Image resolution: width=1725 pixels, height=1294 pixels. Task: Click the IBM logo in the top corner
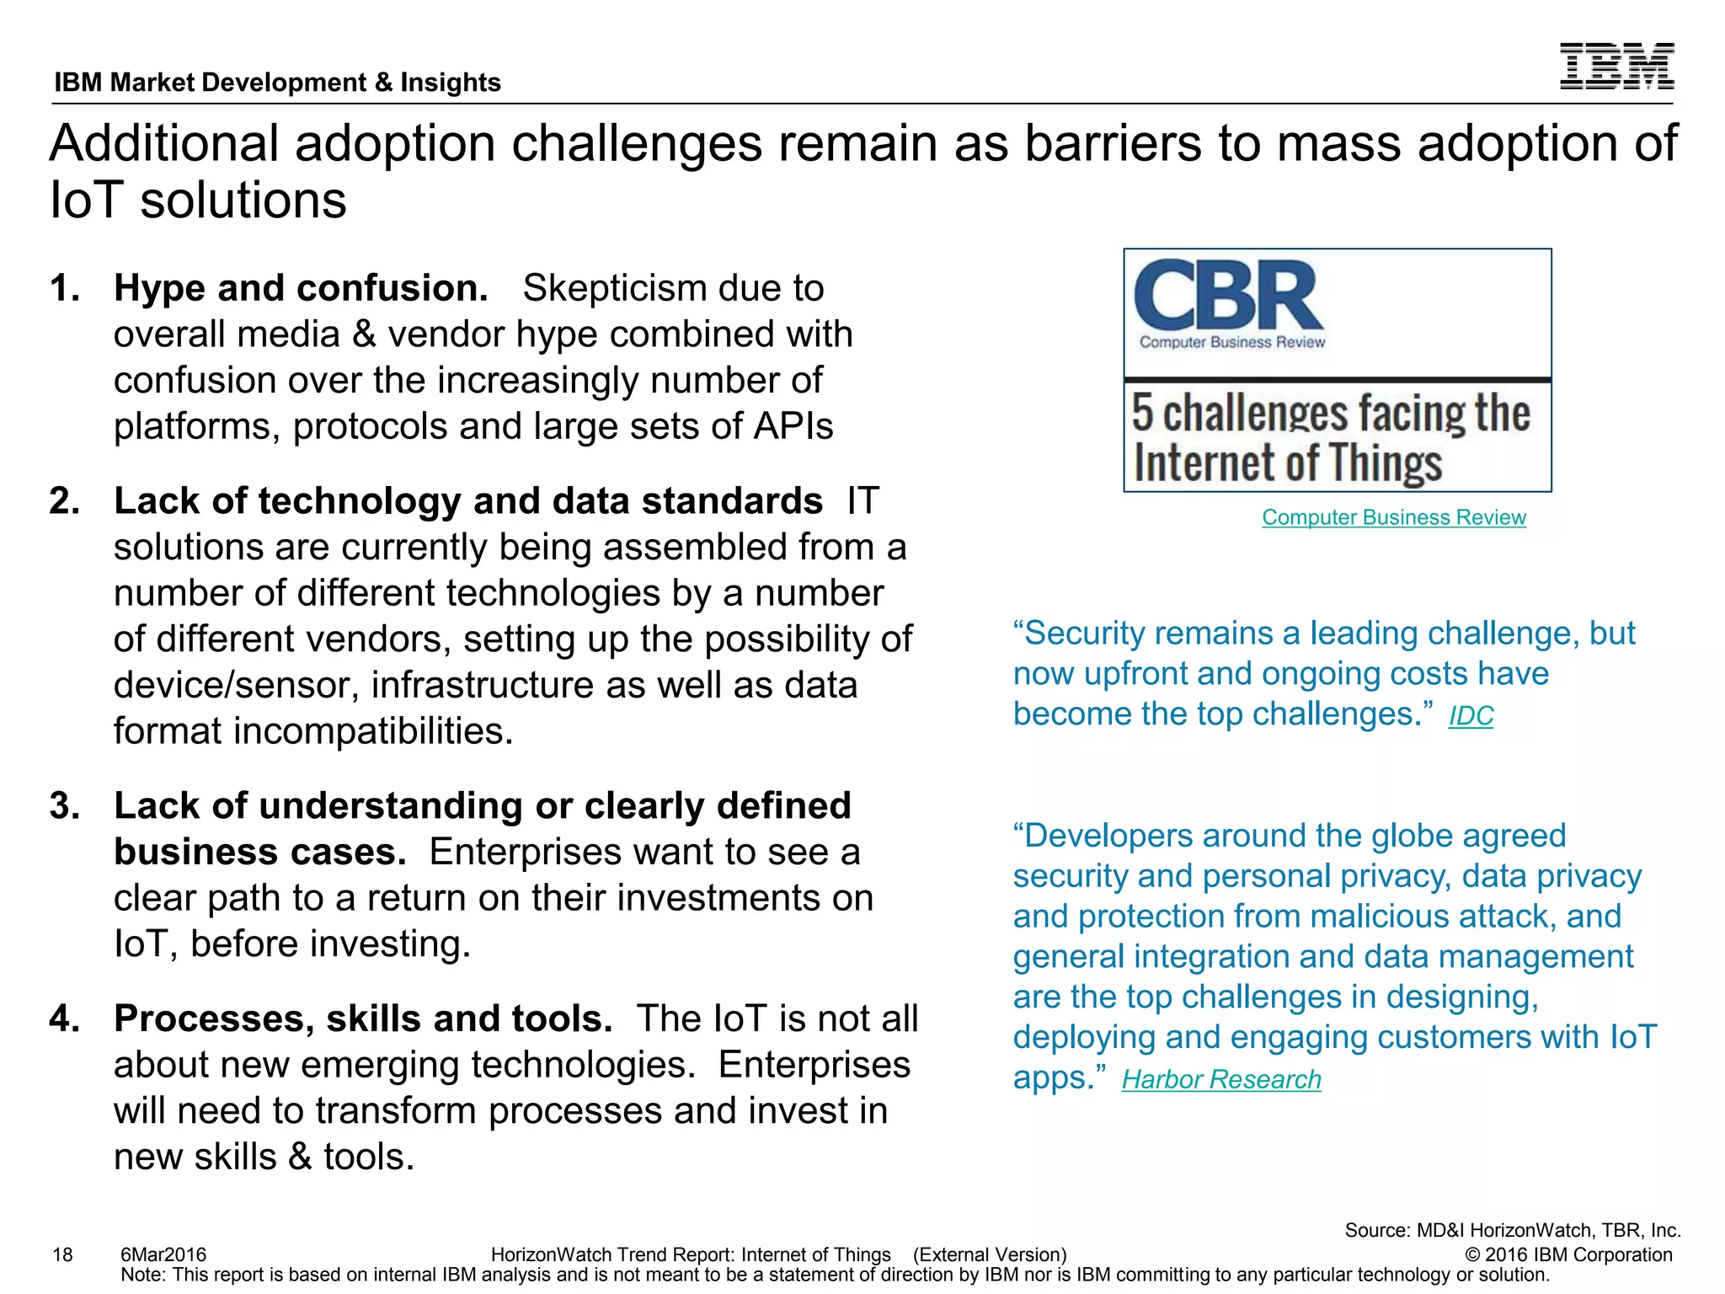(1616, 66)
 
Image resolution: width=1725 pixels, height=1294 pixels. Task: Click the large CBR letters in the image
(1228, 297)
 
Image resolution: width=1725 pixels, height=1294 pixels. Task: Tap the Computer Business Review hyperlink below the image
(1393, 517)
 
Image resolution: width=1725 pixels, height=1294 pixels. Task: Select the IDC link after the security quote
(1471, 716)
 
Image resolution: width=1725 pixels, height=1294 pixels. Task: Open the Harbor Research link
(1220, 1080)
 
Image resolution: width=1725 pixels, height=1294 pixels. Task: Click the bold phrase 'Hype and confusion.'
(301, 289)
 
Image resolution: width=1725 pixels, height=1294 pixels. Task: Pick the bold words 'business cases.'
(259, 853)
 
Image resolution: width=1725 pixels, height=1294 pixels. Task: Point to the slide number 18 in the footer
(62, 1255)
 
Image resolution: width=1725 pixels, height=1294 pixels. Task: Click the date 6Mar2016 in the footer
(163, 1255)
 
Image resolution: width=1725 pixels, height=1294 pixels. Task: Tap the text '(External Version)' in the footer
(990, 1255)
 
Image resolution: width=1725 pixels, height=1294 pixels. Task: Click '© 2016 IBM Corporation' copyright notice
(1568, 1255)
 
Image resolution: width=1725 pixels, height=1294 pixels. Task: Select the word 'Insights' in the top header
(450, 83)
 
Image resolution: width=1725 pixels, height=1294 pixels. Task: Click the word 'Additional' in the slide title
(164, 143)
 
